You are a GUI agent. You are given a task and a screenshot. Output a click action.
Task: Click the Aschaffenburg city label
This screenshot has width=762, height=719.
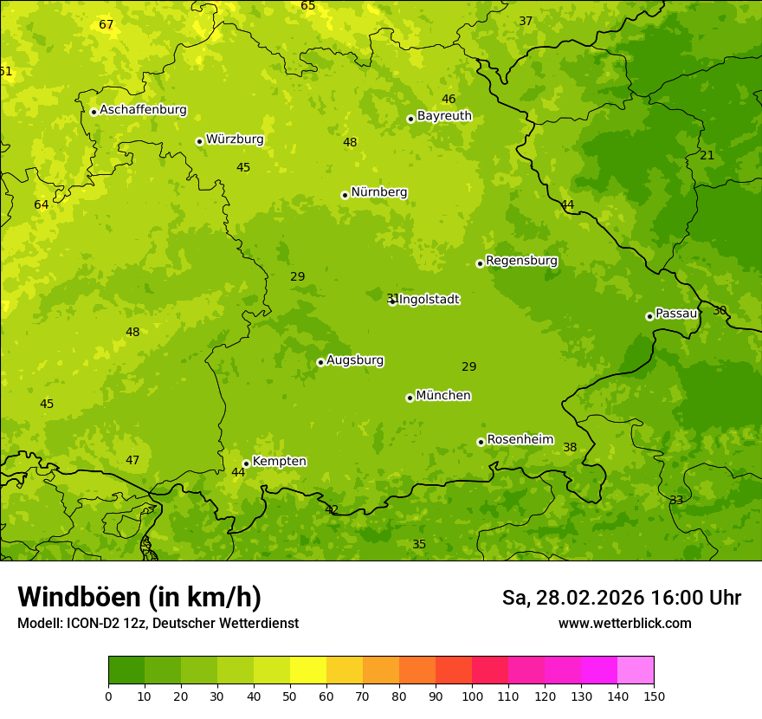click(x=143, y=110)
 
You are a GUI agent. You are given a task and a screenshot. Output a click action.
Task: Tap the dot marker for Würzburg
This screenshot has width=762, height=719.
click(x=199, y=141)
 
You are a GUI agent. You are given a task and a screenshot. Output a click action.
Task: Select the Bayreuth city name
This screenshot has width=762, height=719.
click(x=444, y=116)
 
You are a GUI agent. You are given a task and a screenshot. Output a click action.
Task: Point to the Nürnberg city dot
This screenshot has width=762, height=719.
click(x=345, y=195)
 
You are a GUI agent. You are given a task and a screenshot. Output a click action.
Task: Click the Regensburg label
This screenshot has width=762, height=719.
click(x=521, y=261)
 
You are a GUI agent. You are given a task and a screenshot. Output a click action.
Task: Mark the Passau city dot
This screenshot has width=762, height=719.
click(x=649, y=316)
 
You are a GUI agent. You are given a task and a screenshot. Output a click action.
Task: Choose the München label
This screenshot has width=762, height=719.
click(x=443, y=396)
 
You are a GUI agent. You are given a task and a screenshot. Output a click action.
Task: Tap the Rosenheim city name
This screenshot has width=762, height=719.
click(x=520, y=440)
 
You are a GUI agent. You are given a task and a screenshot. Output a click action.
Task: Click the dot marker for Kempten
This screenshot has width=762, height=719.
click(x=246, y=463)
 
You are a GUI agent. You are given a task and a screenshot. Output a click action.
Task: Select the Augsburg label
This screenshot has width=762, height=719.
click(x=355, y=360)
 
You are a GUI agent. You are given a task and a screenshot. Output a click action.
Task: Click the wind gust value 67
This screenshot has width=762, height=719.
click(x=107, y=25)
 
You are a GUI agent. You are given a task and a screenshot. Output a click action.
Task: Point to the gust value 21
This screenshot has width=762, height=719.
click(x=707, y=156)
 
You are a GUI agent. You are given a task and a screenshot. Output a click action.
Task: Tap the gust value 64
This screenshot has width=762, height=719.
click(x=42, y=205)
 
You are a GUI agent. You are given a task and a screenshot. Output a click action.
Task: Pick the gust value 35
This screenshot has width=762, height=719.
click(x=419, y=545)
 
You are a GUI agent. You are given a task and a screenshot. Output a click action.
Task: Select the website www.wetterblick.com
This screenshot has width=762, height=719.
click(x=624, y=624)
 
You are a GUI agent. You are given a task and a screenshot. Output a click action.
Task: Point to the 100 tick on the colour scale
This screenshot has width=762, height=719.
click(x=472, y=696)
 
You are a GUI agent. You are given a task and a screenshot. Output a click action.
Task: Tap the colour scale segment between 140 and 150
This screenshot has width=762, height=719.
click(x=636, y=670)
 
